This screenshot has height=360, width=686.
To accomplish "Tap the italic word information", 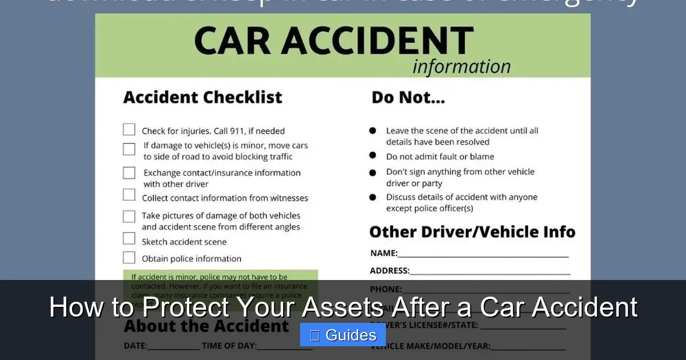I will click(461, 67).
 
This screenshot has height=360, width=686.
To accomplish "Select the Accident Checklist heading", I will click(202, 97).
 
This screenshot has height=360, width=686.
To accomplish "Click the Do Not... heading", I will click(408, 97).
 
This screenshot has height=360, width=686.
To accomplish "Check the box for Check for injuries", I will click(129, 130).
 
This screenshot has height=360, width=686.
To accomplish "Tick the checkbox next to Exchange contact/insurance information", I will click(129, 173).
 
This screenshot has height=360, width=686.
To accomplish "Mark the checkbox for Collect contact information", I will click(129, 195).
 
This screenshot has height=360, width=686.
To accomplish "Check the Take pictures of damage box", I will click(129, 217).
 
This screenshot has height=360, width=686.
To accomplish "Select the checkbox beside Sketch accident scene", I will click(129, 238).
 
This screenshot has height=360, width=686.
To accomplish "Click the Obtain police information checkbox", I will click(129, 258).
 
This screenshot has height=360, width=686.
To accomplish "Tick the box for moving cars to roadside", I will click(129, 149).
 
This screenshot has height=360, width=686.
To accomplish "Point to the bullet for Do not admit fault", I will click(373, 155).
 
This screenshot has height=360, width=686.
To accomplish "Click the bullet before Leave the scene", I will click(373, 130).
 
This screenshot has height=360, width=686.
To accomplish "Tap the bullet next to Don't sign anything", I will click(373, 172).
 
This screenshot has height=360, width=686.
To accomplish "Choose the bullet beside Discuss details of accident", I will click(373, 197).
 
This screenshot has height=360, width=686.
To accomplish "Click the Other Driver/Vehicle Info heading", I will click(472, 232).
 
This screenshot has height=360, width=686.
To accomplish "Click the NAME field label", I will click(383, 253).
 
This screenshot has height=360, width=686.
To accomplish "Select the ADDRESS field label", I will click(389, 271).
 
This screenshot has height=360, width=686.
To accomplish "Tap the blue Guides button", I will click(343, 335).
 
